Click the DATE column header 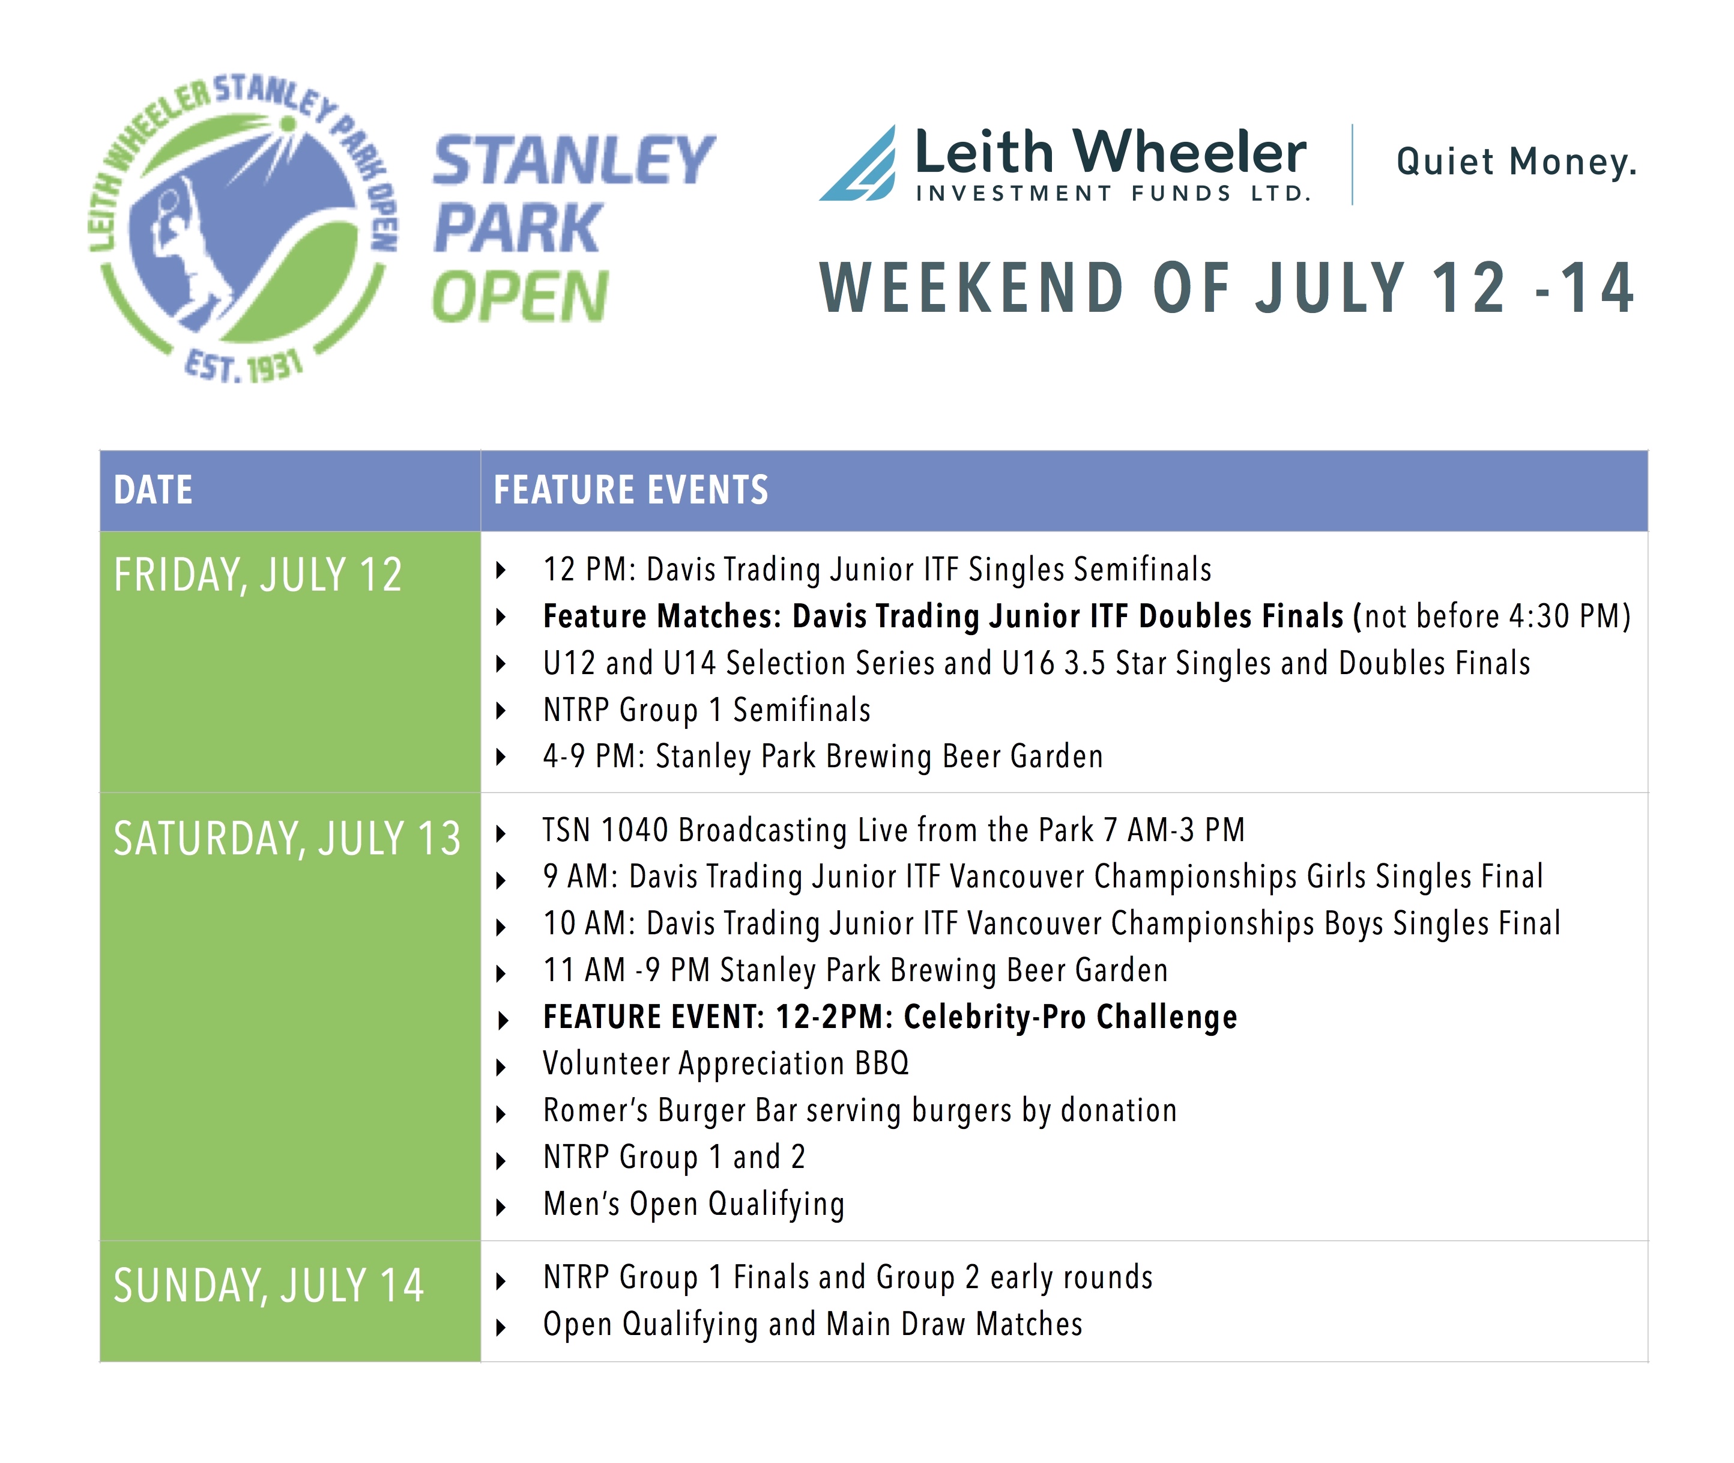[153, 490]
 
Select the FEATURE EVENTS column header [631, 490]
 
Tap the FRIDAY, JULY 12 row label [258, 576]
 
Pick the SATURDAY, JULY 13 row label [287, 839]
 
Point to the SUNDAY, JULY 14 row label [268, 1286]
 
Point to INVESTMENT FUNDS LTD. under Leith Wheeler [1113, 193]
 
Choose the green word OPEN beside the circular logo [520, 297]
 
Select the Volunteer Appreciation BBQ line [726, 1064]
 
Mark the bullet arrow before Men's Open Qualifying [501, 1208]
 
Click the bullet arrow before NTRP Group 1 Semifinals [501, 711]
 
